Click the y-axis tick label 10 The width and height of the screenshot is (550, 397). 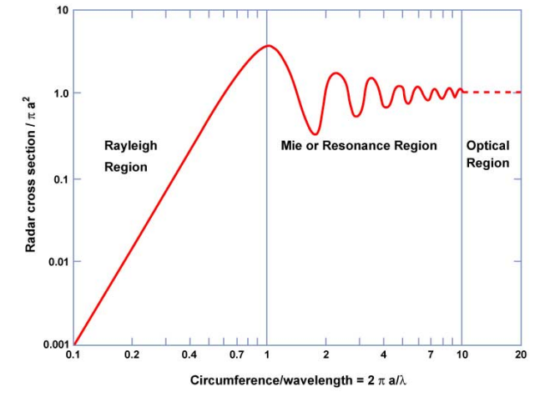(x=61, y=11)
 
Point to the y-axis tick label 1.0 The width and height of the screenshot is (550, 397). (x=58, y=93)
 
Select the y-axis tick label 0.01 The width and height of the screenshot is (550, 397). (x=56, y=262)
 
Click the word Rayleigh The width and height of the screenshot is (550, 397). (x=130, y=145)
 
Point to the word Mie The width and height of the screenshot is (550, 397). (x=291, y=145)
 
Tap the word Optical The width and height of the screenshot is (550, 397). (x=487, y=145)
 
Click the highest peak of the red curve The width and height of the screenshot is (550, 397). (x=267, y=46)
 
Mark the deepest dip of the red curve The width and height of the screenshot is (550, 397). (x=314, y=133)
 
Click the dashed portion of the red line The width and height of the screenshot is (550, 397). (x=492, y=92)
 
